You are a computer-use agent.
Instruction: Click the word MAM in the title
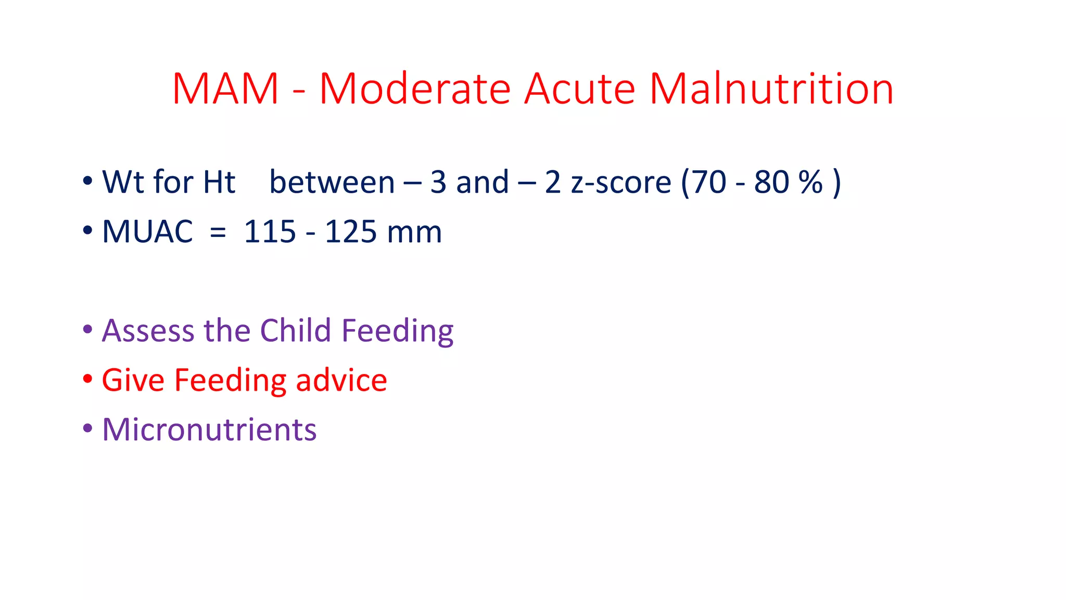[x=225, y=89]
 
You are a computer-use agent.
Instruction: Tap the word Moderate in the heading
[x=414, y=89]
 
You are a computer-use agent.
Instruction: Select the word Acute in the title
[x=579, y=89]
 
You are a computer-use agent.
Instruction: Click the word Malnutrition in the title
[x=771, y=89]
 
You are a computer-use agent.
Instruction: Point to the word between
[x=332, y=182]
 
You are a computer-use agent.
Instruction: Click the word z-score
[x=621, y=182]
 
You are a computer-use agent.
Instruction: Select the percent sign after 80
[x=810, y=182]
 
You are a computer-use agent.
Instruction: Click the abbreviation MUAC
[x=147, y=232]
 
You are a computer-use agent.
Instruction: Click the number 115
[x=270, y=232]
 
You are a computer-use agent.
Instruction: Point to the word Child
[x=295, y=331]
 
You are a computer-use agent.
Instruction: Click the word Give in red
[x=133, y=380]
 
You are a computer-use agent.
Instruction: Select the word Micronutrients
[x=209, y=430]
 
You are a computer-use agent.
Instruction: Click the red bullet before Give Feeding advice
[x=87, y=379]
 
